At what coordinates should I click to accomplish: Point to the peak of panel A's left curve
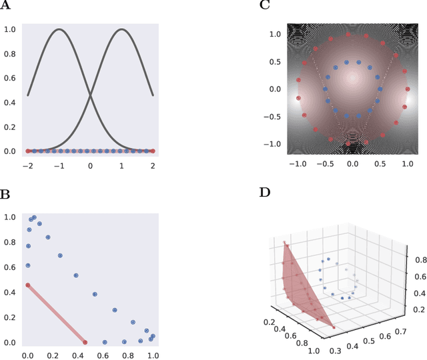click(59, 29)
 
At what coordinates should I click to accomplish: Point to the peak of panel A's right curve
click(121, 29)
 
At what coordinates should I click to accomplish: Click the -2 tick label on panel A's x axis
click(27, 165)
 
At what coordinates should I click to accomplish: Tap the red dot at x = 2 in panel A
click(153, 151)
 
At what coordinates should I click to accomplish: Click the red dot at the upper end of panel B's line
click(28, 285)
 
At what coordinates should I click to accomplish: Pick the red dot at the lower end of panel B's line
click(85, 342)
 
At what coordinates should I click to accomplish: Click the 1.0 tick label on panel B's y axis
click(10, 217)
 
